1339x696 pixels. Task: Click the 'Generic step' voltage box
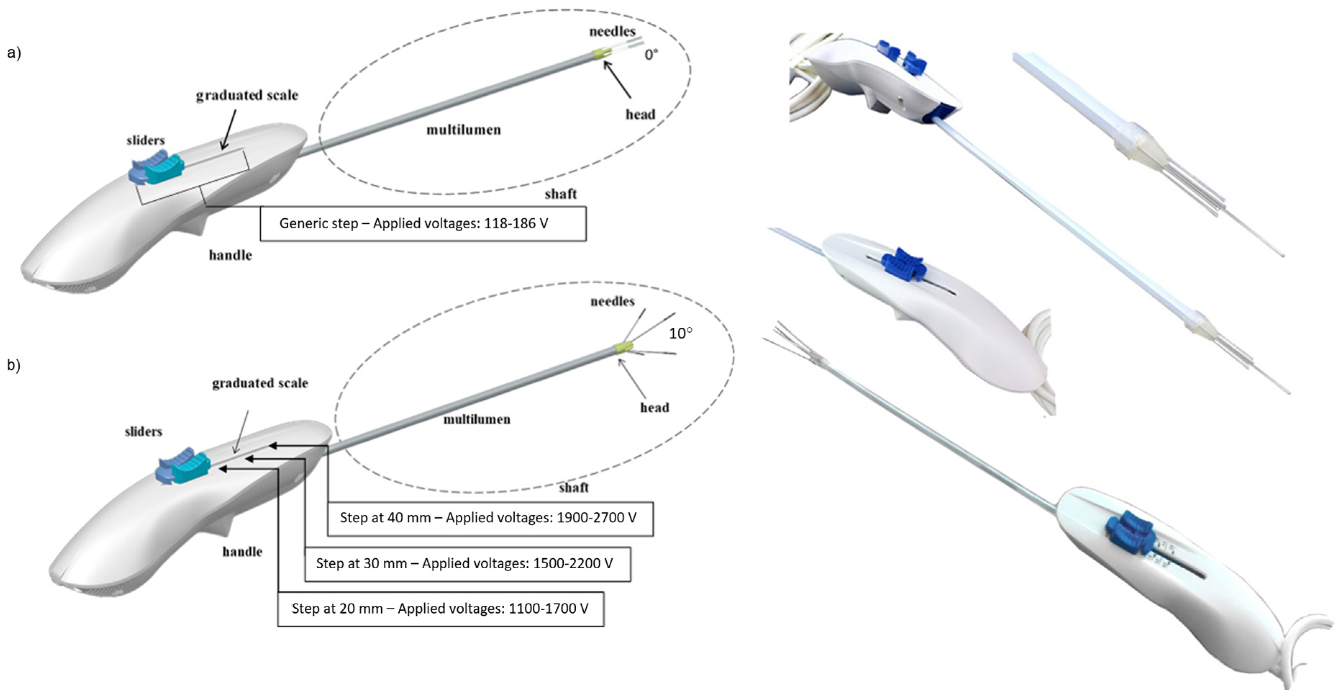423,223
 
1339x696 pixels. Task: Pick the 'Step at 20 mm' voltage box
440,609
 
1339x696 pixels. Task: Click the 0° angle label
651,55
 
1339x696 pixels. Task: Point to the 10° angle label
680,333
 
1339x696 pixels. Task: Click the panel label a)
14,53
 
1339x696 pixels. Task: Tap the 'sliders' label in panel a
146,140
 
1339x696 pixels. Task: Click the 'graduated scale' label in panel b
260,383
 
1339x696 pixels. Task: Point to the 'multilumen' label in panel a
464,130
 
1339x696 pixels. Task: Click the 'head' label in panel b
655,408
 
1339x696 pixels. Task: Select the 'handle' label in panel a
230,255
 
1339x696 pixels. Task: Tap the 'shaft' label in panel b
574,488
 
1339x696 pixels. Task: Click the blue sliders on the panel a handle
157,167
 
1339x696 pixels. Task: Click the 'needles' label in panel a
612,32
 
